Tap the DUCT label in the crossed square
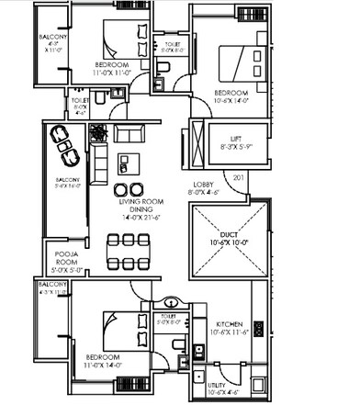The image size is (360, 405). [230, 234]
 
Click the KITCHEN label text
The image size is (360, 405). [230, 325]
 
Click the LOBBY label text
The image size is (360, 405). [205, 184]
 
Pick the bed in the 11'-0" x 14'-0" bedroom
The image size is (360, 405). [119, 328]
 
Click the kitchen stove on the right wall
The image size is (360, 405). [260, 329]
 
